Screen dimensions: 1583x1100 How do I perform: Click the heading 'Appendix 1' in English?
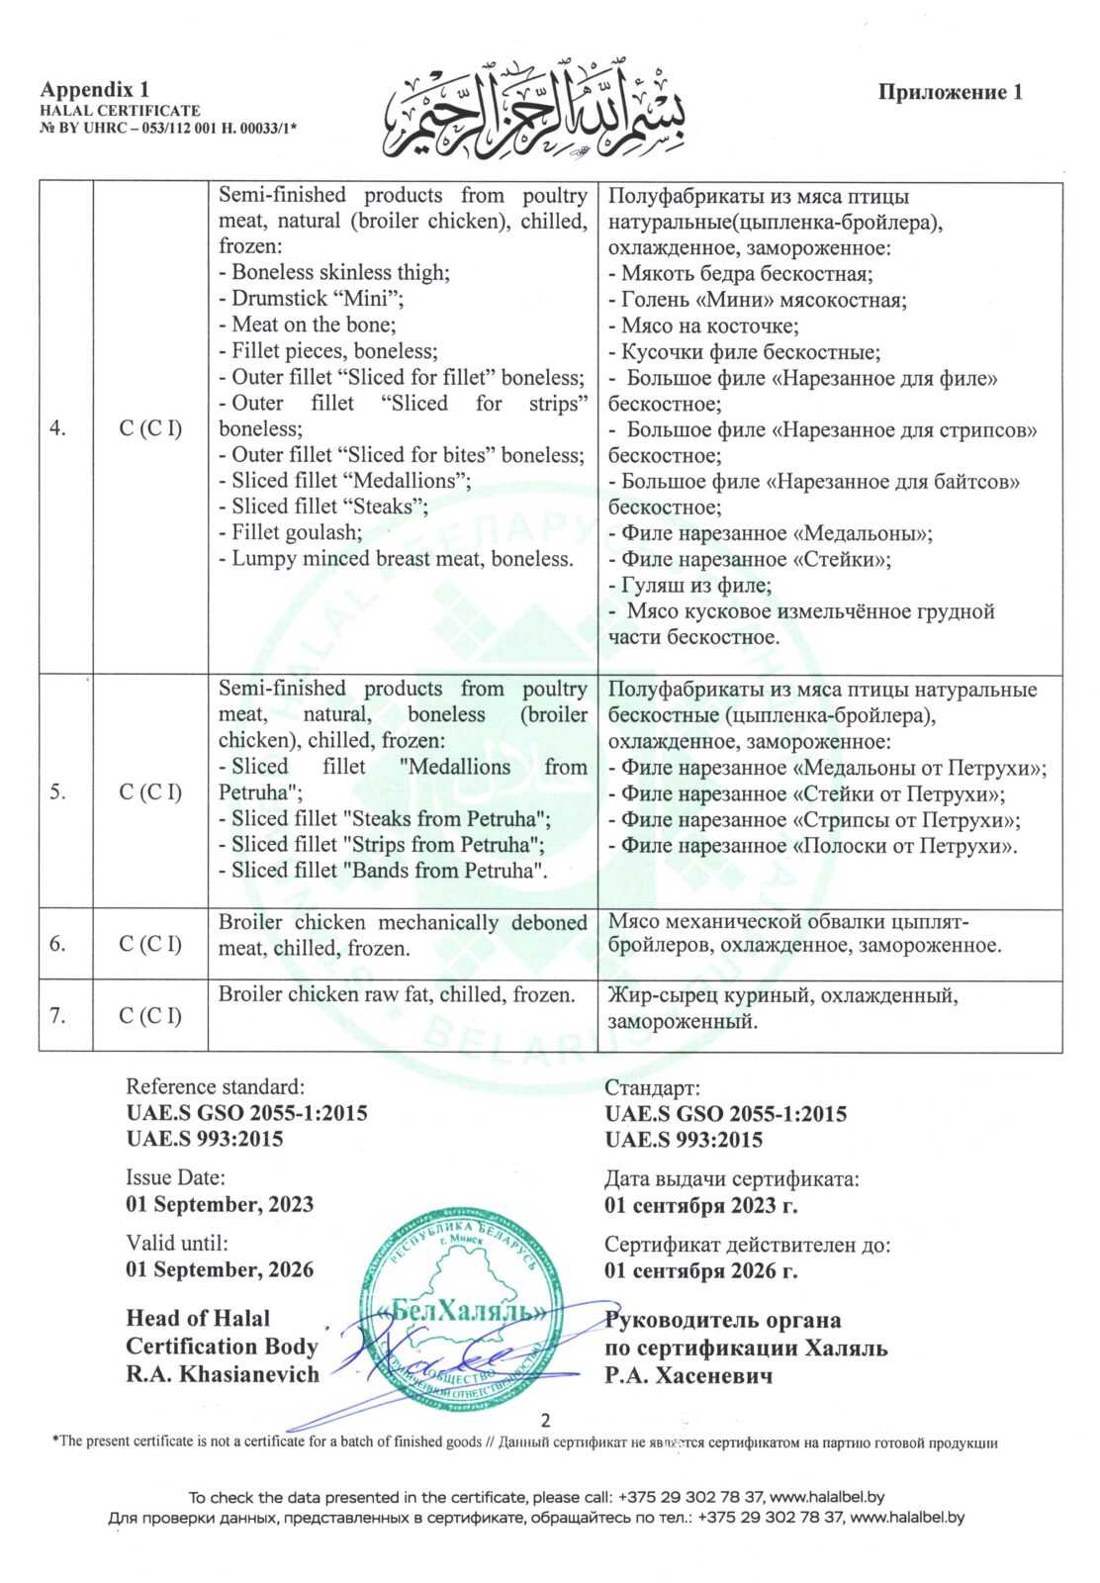coord(95,90)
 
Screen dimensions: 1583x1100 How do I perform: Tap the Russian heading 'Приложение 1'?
coord(950,92)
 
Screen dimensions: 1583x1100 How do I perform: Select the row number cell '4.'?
coord(59,428)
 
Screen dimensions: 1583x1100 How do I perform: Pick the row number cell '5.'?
coord(59,791)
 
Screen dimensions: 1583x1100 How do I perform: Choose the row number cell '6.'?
coord(59,943)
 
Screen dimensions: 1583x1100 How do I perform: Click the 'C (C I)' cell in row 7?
coord(150,1015)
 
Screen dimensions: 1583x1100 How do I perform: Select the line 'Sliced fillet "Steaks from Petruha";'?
coord(386,818)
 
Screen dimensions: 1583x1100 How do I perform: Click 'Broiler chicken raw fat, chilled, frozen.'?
coord(397,994)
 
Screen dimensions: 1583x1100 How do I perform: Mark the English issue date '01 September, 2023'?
coord(220,1204)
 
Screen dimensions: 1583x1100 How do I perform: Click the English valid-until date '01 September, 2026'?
coord(220,1269)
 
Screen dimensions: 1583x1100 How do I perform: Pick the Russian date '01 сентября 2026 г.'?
coord(701,1270)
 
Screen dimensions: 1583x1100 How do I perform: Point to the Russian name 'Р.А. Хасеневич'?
coord(688,1375)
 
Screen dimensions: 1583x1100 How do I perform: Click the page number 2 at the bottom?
coord(546,1420)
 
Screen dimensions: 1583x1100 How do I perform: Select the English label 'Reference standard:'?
coord(216,1086)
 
